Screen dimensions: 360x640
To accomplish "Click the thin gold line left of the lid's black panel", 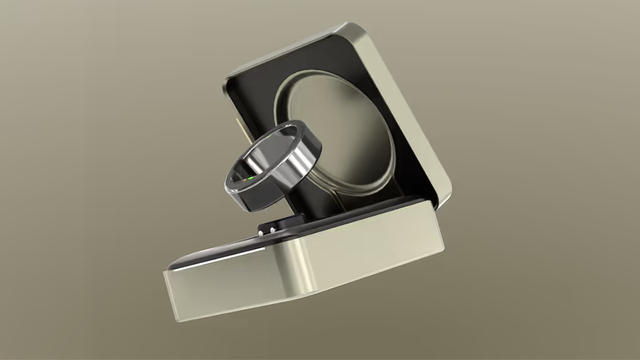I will coord(238,128).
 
